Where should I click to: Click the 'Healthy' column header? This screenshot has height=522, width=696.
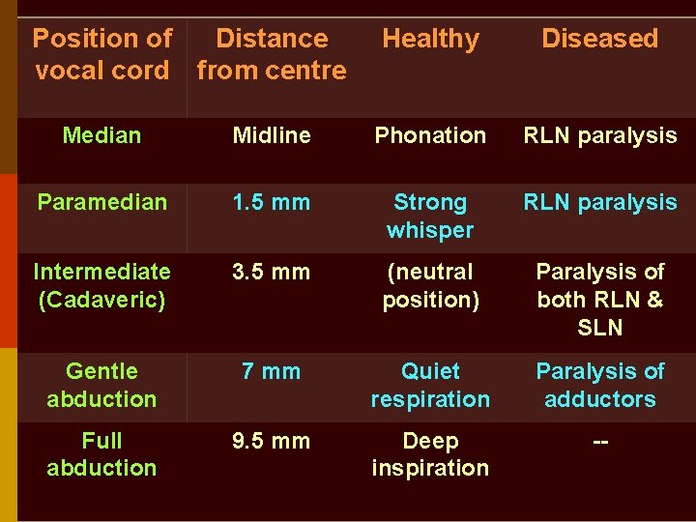tap(430, 40)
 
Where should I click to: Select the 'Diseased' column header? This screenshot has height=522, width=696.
tap(599, 40)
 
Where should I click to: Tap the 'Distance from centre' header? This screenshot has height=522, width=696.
tap(272, 54)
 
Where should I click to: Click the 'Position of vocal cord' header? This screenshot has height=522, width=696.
tap(101, 54)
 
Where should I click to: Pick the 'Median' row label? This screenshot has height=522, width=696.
tap(101, 135)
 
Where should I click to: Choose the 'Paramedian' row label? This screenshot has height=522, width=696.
tap(101, 202)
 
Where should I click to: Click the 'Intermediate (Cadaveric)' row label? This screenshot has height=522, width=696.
tap(101, 286)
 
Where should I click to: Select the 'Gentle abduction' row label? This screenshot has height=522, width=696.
tap(101, 385)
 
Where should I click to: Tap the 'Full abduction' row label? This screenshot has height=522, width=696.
tap(101, 454)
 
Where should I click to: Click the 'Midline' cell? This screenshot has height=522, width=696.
tap(272, 135)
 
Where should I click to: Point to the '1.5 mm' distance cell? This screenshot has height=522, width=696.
tap(272, 202)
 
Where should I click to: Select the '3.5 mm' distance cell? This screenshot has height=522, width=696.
tap(272, 273)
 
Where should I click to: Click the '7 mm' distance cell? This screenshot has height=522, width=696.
tap(272, 371)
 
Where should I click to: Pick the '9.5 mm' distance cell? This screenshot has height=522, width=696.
tap(272, 441)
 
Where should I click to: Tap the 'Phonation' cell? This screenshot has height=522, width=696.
tap(430, 135)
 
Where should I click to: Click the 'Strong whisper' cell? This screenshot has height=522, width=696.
tap(430, 216)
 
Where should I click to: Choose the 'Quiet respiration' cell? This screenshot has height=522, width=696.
tap(430, 385)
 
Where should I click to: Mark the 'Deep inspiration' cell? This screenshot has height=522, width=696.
tap(430, 454)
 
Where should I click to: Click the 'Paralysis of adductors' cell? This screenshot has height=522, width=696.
tap(599, 385)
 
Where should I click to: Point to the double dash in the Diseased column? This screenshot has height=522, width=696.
tap(599, 442)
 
